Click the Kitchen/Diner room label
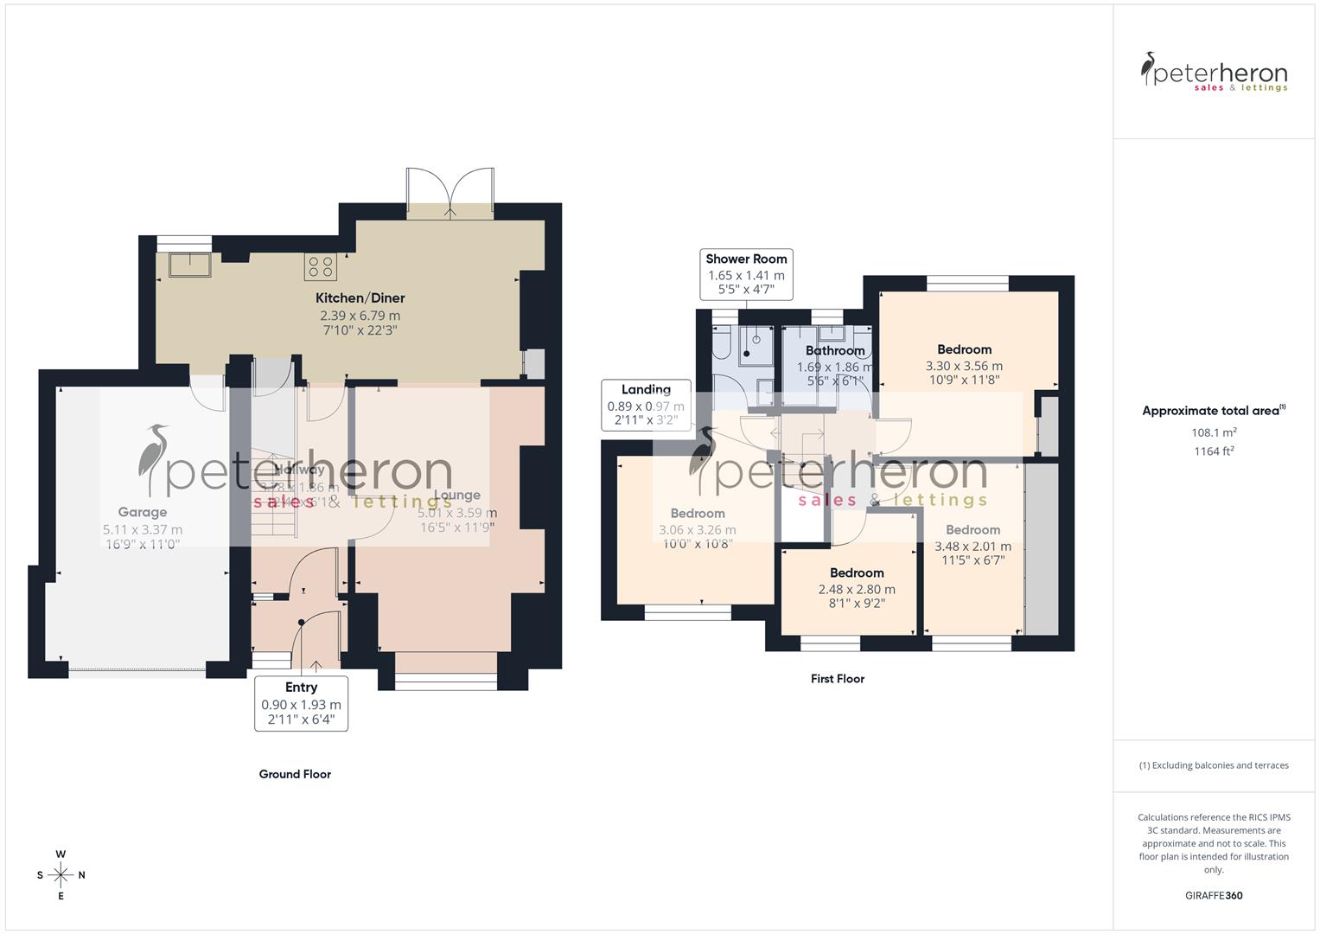click(360, 298)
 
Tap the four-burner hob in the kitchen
click(320, 266)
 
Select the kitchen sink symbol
click(190, 264)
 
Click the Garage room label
click(143, 512)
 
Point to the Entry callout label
click(301, 688)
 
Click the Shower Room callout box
click(746, 274)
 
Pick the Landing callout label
click(646, 390)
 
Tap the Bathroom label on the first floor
click(835, 350)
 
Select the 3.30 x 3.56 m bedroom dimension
click(964, 366)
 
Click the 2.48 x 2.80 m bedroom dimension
click(857, 590)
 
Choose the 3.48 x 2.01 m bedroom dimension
click(972, 547)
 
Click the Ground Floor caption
click(295, 774)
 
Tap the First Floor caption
click(838, 679)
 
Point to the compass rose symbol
click(61, 875)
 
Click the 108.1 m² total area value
click(1214, 432)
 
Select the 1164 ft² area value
click(1214, 451)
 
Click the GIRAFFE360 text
click(1214, 895)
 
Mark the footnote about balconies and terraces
click(1214, 765)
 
